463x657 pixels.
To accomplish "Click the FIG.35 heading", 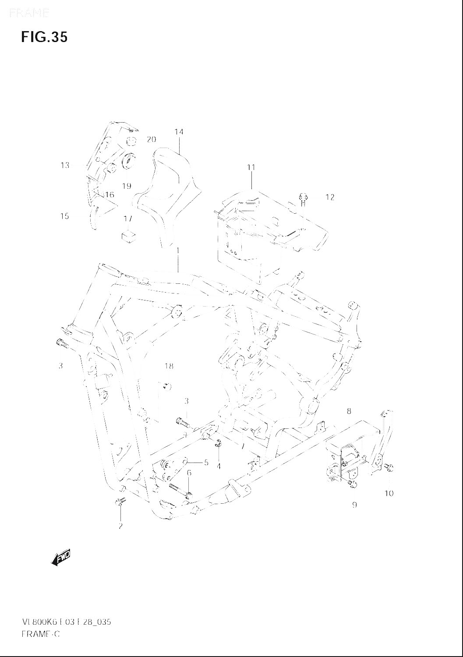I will tap(44, 37).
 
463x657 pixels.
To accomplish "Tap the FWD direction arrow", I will tap(61, 557).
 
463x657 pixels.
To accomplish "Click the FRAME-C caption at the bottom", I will tap(40, 634).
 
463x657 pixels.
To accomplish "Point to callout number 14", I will tap(179, 132).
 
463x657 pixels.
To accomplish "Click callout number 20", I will tap(151, 140).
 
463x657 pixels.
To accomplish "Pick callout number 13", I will tap(65, 165).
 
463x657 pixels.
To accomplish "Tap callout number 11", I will tap(251, 167).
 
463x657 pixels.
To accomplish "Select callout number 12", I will tap(330, 197).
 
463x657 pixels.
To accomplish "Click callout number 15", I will tap(65, 216).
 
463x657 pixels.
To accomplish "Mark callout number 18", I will tap(169, 366).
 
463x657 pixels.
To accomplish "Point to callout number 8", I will tap(349, 411).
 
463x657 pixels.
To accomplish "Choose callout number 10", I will tap(389, 493).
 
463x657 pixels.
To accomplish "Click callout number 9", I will tap(354, 505).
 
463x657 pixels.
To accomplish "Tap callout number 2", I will tap(120, 526).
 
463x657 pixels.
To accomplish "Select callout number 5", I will tap(206, 462).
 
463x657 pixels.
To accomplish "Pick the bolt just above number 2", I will tap(119, 502).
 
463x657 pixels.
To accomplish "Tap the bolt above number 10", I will tap(390, 469).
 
